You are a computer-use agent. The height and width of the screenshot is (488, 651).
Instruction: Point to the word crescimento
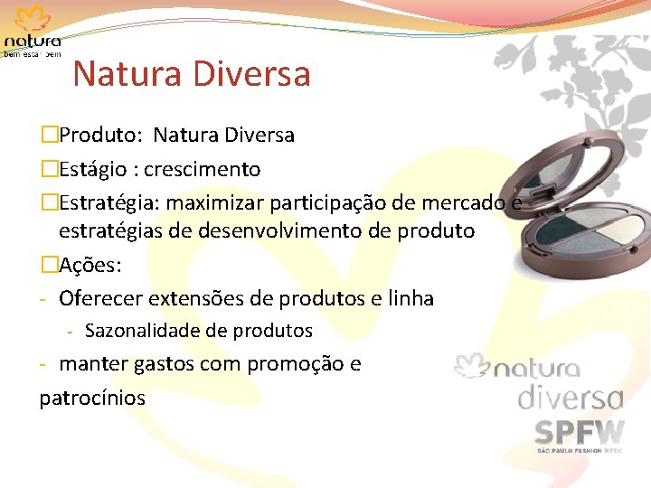[x=203, y=169]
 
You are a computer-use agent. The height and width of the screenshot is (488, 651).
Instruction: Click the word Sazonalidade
[x=141, y=331]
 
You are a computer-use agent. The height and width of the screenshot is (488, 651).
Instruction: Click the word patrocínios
[x=92, y=397]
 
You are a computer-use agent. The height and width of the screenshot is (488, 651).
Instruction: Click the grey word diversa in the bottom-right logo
[x=570, y=399]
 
